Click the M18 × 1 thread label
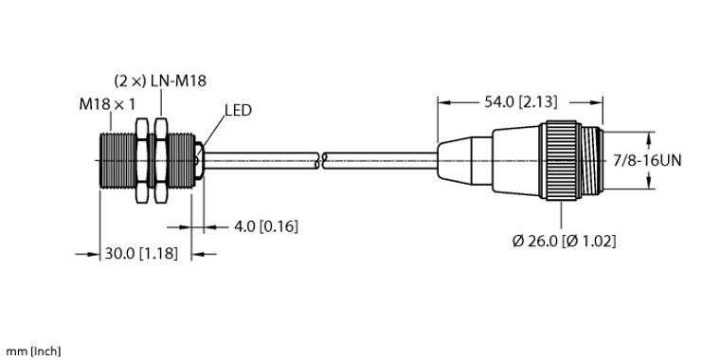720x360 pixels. point(107,105)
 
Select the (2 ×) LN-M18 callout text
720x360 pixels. point(160,81)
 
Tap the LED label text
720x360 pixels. point(239,110)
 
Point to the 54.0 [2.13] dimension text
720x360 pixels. point(521,102)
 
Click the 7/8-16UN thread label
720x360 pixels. point(647,160)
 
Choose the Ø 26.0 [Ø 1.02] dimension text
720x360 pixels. point(565,241)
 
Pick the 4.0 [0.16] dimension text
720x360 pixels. point(266,225)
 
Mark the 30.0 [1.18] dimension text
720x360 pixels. point(141,253)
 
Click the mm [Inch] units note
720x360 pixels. point(30,351)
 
